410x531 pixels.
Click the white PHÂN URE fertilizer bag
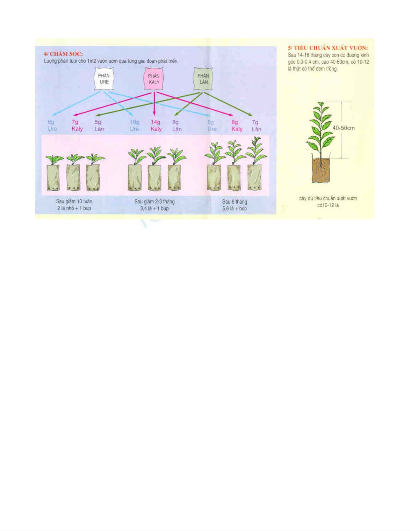pos(104,79)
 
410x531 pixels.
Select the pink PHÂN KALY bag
pos(154,79)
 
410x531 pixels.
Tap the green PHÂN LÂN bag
pos(203,79)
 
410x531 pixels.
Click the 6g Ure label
pos(52,125)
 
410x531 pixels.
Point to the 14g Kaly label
pos(156,126)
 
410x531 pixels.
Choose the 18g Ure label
pos(135,126)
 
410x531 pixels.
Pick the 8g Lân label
pos(176,126)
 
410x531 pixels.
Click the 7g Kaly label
pos(77,125)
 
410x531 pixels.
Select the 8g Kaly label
pos(237,126)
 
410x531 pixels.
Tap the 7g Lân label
pos(256,126)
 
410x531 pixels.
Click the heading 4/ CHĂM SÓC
pos(63,54)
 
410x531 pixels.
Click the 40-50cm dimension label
pos(343,128)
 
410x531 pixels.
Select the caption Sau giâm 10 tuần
pos(74,201)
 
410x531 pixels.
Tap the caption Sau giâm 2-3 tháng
pos(154,202)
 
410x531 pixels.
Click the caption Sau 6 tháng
pos(234,202)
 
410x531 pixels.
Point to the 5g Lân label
pos(99,126)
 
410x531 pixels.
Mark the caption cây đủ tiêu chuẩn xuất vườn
pos(328,198)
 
